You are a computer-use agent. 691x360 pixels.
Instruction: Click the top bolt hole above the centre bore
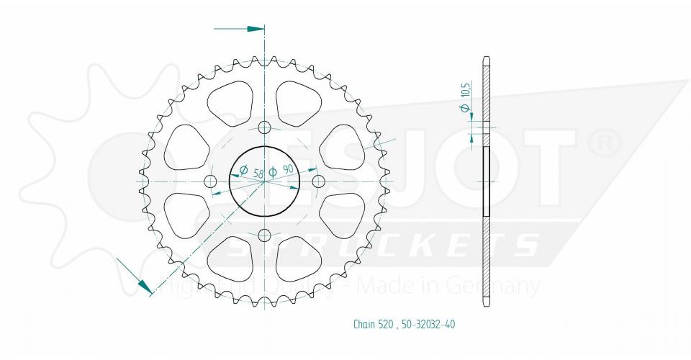[264, 128]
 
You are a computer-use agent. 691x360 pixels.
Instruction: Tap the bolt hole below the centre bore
[264, 235]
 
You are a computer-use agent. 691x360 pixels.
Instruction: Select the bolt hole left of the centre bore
[211, 180]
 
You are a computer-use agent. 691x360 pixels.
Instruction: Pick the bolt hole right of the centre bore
[318, 180]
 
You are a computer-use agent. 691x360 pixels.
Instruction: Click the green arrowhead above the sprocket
[256, 30]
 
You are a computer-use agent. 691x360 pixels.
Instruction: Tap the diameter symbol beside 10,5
[466, 109]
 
